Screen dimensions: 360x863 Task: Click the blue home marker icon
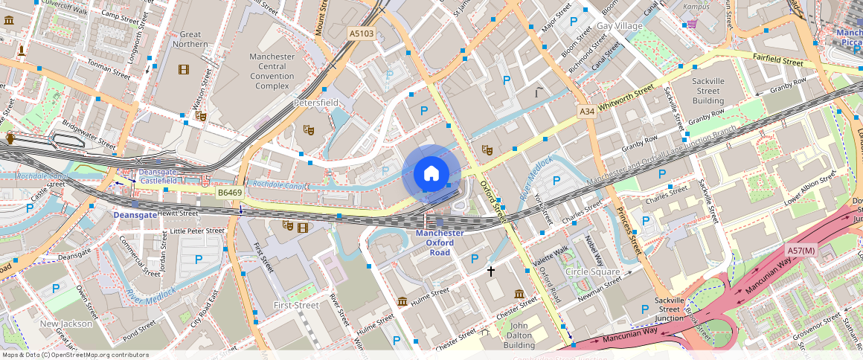point(431,174)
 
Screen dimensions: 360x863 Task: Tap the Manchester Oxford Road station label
point(439,242)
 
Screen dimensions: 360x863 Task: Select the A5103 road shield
point(362,33)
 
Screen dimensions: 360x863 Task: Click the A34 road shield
point(587,112)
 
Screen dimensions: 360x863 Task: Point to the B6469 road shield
point(230,193)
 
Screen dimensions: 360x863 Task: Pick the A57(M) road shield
point(802,251)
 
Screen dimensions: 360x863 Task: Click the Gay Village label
point(619,26)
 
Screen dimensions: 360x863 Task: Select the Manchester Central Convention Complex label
point(272,71)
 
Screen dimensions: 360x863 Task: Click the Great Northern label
point(190,39)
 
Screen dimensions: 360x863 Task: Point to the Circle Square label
point(592,271)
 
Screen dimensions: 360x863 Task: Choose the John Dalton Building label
point(519,335)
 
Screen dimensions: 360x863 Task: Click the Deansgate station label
point(135,215)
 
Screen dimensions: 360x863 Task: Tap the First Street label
point(296,305)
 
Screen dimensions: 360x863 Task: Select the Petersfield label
point(316,102)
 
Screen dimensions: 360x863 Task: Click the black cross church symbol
point(490,271)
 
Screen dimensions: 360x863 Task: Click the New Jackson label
point(66,324)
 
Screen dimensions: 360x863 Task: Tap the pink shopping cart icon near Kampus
point(692,23)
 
